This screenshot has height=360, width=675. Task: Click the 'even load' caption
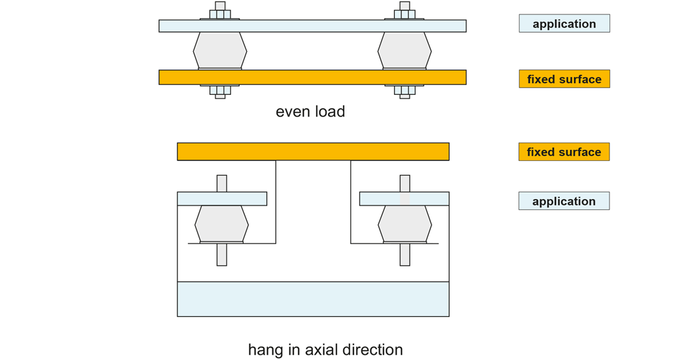[310, 111]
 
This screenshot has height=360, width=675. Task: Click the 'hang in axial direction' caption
[325, 349]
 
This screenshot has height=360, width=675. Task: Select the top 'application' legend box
[564, 24]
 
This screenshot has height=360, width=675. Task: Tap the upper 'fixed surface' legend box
[564, 79]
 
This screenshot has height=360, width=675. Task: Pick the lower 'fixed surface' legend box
[564, 152]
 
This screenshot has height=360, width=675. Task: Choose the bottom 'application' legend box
[564, 201]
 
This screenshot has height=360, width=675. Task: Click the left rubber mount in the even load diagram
[220, 50]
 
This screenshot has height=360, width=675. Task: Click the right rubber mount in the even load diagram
[405, 50]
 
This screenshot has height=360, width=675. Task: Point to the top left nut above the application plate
[220, 14]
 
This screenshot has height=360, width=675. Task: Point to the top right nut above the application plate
[405, 14]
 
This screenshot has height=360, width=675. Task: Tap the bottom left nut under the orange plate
[220, 90]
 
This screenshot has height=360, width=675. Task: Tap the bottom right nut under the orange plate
[405, 90]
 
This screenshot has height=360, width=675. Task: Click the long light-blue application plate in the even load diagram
[312, 26]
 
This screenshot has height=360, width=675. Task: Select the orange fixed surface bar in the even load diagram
[312, 77]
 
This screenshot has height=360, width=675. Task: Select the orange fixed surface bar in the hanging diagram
[313, 151]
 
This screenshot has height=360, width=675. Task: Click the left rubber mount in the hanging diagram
[221, 224]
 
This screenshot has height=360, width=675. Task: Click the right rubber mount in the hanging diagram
[405, 224]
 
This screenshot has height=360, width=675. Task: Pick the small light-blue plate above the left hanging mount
[222, 198]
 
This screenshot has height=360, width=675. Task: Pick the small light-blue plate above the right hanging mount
[404, 198]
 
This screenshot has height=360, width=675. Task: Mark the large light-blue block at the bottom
[313, 299]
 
